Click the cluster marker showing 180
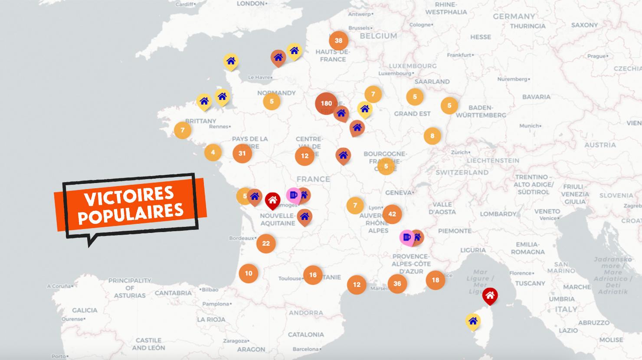coord(326,103)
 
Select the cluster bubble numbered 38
coord(338,41)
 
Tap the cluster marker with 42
coord(392,214)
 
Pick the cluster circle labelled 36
coord(397,284)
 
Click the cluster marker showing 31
coord(242,153)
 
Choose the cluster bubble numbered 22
coord(266,243)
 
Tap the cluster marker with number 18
coord(435,280)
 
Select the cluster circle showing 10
coord(249,273)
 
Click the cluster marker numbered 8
coord(432,136)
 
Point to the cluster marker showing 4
coord(213,152)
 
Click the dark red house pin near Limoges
coord(272,200)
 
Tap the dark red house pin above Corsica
coord(490,295)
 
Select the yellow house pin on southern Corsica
coord(472,321)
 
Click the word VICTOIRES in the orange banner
coord(128,197)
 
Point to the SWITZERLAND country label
coord(462,172)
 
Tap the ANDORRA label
coord(306,313)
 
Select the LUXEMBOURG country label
coord(413,66)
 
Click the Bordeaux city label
coord(241,238)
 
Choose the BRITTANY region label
coord(200,121)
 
